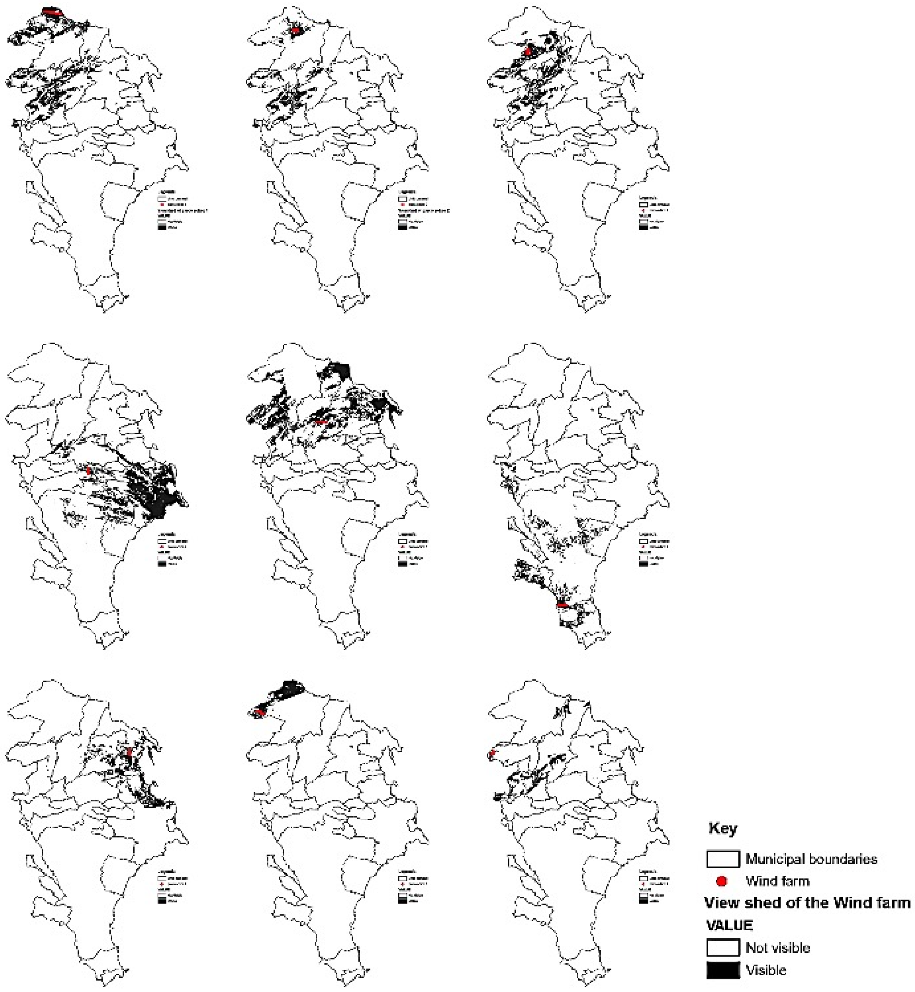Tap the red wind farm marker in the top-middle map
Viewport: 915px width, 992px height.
point(295,31)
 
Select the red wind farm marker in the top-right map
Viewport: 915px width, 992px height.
point(528,51)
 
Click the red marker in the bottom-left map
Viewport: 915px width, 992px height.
point(129,752)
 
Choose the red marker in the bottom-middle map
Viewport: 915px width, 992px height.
point(259,712)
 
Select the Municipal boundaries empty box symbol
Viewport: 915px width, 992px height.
point(723,859)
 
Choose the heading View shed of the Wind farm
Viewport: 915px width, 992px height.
point(807,903)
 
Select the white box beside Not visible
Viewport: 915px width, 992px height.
point(723,948)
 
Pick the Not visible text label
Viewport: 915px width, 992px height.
point(777,948)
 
